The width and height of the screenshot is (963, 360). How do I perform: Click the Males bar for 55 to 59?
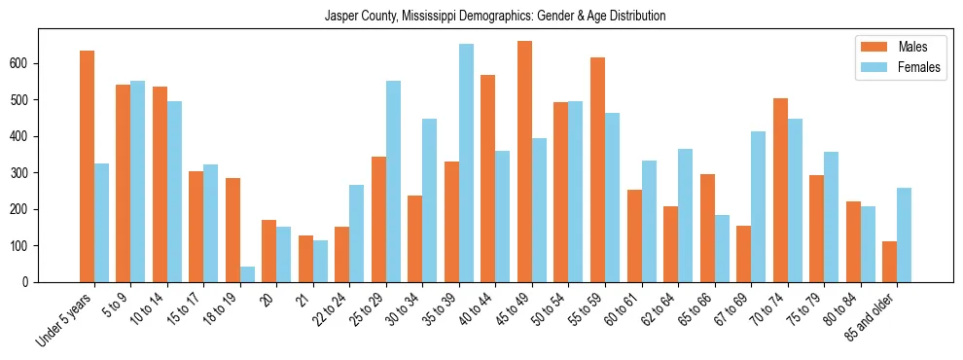597,170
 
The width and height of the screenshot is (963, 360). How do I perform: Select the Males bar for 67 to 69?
743,254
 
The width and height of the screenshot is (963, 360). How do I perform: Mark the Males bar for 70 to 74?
780,190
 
